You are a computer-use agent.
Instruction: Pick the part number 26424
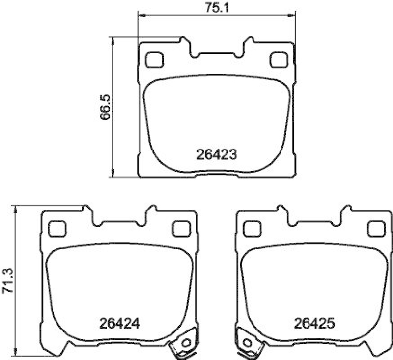coord(119,324)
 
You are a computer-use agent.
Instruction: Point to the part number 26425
coord(314,324)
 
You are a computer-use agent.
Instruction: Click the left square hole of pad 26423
coord(155,60)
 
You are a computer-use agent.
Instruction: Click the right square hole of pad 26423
coord(279,60)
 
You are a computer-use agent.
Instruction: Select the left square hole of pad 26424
coord(57,228)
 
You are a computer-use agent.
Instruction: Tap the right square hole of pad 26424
coord(181,228)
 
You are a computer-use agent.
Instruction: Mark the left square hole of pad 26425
coord(252,228)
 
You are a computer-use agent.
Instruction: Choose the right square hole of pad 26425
coord(376,228)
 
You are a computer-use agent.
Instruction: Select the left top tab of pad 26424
coord(88,212)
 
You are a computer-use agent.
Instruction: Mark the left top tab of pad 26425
coord(283,212)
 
